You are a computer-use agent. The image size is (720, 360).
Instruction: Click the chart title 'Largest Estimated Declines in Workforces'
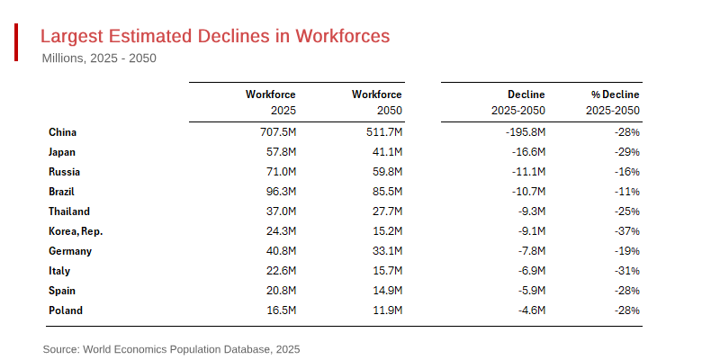pyautogui.click(x=215, y=36)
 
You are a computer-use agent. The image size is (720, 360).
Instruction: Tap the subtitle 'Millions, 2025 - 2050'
pyautogui.click(x=99, y=58)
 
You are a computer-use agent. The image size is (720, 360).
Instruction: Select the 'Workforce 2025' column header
pyautogui.click(x=270, y=103)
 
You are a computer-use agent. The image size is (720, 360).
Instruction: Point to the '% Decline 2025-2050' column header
pyautogui.click(x=614, y=103)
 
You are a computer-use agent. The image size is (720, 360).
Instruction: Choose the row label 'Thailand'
pyautogui.click(x=69, y=211)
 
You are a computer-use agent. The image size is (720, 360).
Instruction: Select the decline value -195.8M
pyautogui.click(x=523, y=132)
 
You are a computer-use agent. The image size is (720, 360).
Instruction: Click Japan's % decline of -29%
pyautogui.click(x=626, y=152)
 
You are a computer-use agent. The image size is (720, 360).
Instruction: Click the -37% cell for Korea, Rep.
pyautogui.click(x=626, y=231)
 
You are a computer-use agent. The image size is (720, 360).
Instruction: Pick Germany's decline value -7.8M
pyautogui.click(x=529, y=251)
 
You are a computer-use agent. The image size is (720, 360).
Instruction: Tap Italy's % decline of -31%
pyautogui.click(x=626, y=271)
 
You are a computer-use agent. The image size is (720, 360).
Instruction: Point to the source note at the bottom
pyautogui.click(x=171, y=348)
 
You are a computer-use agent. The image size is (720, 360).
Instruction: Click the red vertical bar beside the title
pyautogui.click(x=16, y=43)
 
